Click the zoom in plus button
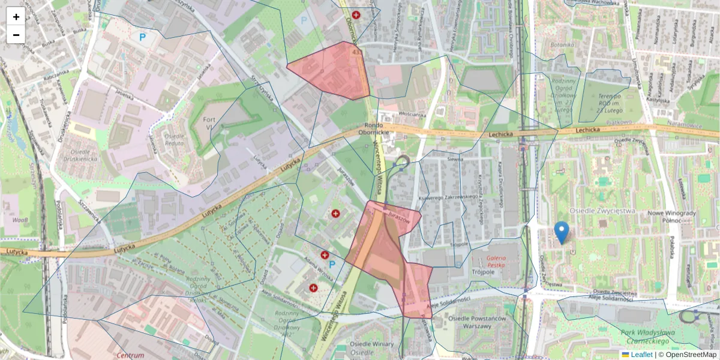16,17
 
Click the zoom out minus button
16,35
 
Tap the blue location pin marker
562,233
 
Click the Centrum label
130,355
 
